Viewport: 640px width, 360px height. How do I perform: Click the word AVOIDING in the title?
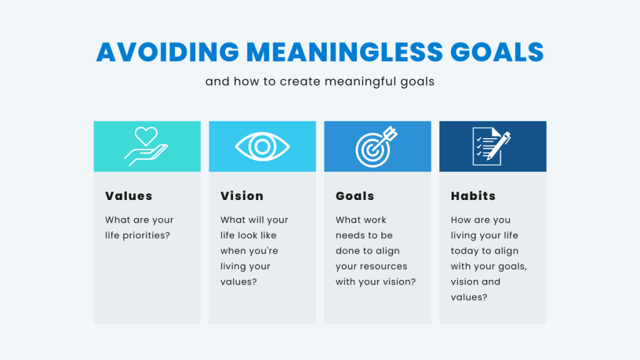167,52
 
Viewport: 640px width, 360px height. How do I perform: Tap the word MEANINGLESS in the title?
345,52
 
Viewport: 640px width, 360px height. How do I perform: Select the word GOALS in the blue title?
497,52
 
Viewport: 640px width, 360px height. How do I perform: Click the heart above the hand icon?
146,136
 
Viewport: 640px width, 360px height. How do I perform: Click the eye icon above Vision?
262,146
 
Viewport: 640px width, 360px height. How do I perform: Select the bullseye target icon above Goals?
376,146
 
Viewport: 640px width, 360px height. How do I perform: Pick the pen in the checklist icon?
499,146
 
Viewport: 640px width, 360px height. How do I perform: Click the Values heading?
129,196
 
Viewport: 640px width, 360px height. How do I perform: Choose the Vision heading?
242,196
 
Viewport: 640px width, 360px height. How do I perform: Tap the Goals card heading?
355,196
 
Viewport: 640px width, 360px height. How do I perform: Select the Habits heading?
473,196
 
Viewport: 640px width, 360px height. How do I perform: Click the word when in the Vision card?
231,251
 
